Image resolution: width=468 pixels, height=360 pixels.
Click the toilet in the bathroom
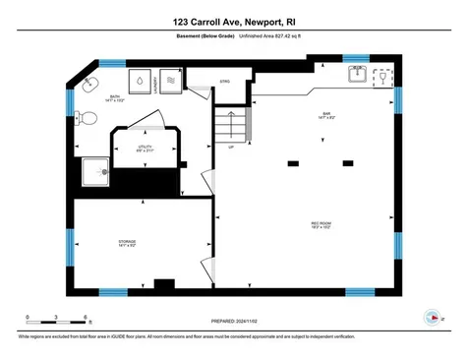pos(87,119)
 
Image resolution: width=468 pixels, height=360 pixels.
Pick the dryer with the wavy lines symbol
pos(168,82)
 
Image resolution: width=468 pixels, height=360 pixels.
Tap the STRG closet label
pos(224,81)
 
